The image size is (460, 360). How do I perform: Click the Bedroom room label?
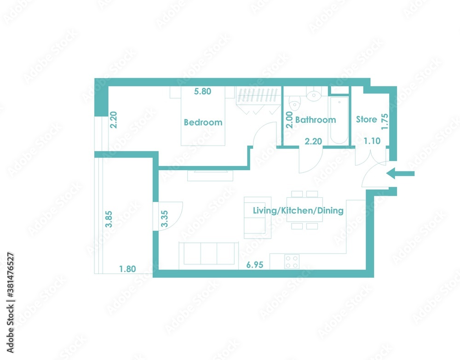pyautogui.click(x=203, y=122)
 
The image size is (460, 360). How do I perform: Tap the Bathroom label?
pyautogui.click(x=316, y=120)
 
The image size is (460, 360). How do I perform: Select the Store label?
pyautogui.click(x=367, y=120)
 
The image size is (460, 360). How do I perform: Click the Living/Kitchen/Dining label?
pyautogui.click(x=298, y=211)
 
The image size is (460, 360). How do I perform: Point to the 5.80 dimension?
pyautogui.click(x=203, y=91)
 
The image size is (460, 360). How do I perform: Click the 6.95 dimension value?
pyautogui.click(x=255, y=265)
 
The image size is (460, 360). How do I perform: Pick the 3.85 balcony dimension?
pyautogui.click(x=109, y=219)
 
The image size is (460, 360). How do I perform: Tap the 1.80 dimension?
pyautogui.click(x=127, y=269)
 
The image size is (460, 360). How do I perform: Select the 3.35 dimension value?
pyautogui.click(x=165, y=219)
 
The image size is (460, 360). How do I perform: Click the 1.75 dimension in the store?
pyautogui.click(x=385, y=122)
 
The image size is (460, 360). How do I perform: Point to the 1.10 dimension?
pyautogui.click(x=372, y=141)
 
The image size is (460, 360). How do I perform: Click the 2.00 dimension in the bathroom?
pyautogui.click(x=289, y=120)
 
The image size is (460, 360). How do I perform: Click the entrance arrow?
pyautogui.click(x=400, y=173)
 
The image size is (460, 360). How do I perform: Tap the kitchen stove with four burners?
pyautogui.click(x=292, y=262)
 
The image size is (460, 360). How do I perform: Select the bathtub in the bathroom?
pyautogui.click(x=339, y=120)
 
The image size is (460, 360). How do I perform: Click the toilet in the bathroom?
pyautogui.click(x=294, y=103)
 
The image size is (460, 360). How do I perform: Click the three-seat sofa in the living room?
pyautogui.click(x=208, y=254)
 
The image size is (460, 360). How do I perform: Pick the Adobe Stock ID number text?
pyautogui.click(x=10, y=274)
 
